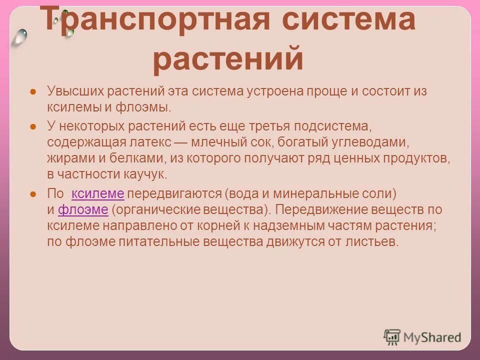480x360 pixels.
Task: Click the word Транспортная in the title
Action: [150, 21]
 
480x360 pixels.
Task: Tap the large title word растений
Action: [228, 59]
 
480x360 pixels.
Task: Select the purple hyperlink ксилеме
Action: [98, 193]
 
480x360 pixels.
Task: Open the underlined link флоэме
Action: [83, 209]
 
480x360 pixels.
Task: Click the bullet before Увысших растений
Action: [32, 92]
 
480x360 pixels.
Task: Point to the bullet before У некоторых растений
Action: [32, 126]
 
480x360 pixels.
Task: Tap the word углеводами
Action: [372, 142]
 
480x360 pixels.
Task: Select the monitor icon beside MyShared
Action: [392, 337]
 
